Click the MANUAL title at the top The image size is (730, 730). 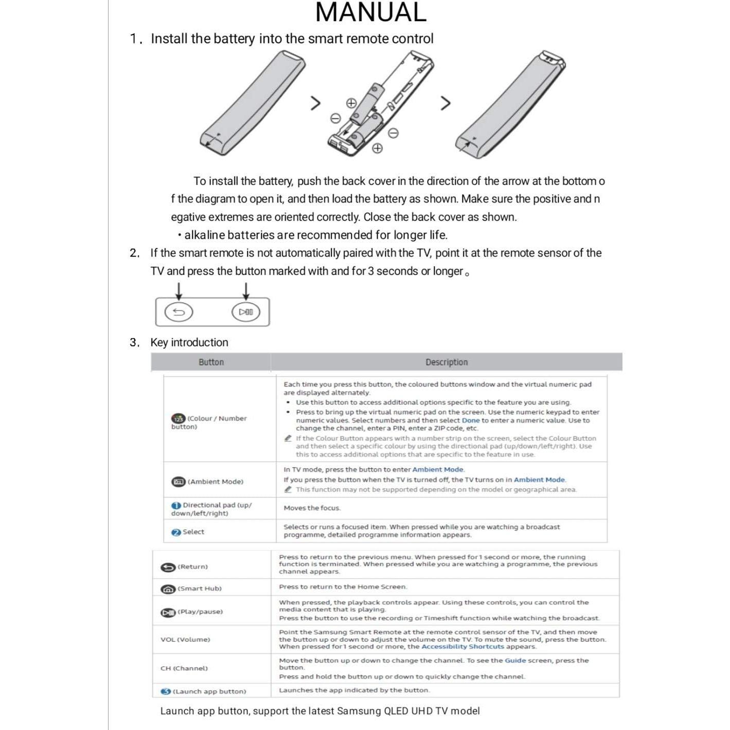[370, 12]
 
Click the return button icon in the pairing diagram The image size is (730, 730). [179, 312]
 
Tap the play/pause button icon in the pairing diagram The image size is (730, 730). [246, 312]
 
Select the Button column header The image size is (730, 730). [211, 362]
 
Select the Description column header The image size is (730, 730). [446, 362]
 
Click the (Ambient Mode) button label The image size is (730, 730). [215, 482]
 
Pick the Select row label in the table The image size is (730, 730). [193, 532]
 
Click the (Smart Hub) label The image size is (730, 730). [199, 589]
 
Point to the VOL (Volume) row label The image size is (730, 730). [185, 639]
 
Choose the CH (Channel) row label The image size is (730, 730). [184, 668]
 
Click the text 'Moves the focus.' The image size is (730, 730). [312, 508]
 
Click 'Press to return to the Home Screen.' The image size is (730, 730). [343, 587]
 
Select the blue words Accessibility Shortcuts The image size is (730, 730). [462, 647]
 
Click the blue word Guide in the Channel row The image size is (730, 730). [515, 661]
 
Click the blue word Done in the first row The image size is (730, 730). [470, 420]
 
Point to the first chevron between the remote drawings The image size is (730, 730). [315, 103]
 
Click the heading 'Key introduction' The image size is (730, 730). [189, 343]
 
